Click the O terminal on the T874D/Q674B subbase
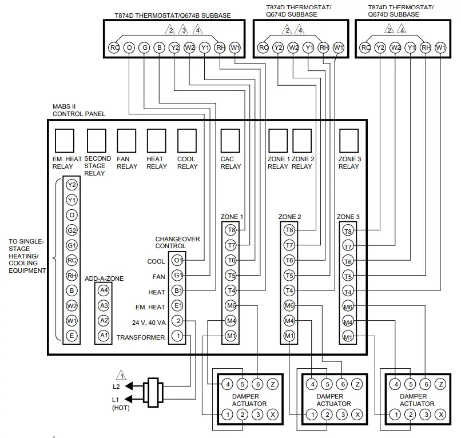[x=129, y=47]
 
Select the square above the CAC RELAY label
[x=230, y=141]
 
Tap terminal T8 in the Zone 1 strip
[x=232, y=230]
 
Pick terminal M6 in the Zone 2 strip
[x=289, y=305]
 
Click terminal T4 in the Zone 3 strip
[x=348, y=292]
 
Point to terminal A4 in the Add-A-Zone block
[x=104, y=290]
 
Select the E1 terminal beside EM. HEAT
[x=177, y=306]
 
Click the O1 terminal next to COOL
[x=177, y=260]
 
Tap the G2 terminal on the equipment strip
[x=71, y=230]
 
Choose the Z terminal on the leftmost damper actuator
[x=273, y=384]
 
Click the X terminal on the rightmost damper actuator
[x=441, y=415]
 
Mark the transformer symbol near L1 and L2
[x=153, y=392]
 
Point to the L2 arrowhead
[x=129, y=385]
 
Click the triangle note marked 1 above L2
[x=121, y=375]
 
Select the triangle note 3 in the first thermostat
[x=184, y=30]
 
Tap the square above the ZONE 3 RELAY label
[x=349, y=141]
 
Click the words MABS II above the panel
[x=64, y=106]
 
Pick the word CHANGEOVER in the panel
[x=177, y=239]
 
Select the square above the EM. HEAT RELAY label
[x=64, y=141]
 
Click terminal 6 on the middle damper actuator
[x=343, y=384]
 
